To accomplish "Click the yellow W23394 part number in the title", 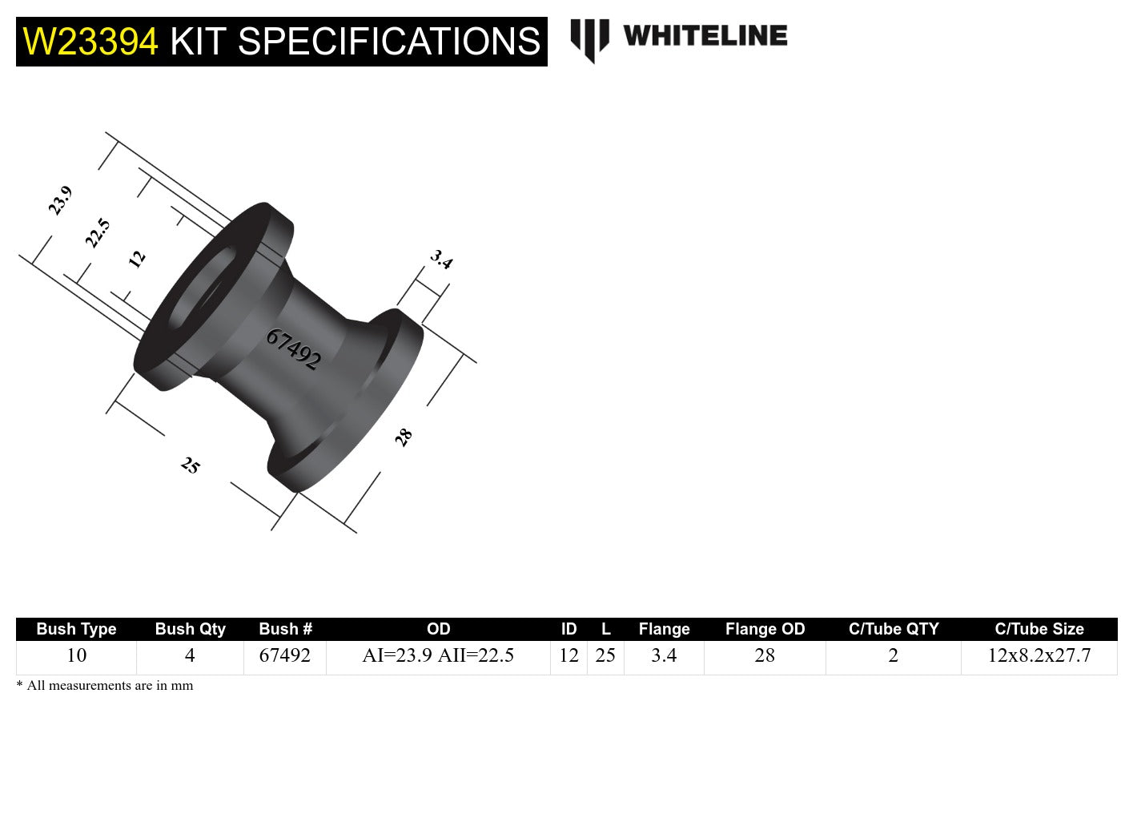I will tap(90, 42).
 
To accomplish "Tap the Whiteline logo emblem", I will tap(589, 39).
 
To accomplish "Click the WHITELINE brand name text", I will tap(705, 36).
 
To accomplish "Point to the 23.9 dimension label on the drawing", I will tap(60, 200).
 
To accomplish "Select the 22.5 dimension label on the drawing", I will tap(97, 232).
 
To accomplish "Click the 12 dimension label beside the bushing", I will tap(137, 258).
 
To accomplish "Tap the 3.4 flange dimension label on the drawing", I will tap(441, 259).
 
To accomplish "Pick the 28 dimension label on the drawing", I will tap(404, 437).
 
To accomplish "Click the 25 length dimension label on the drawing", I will tap(191, 465).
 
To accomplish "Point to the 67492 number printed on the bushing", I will tap(293, 349).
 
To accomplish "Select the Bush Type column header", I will tap(76, 629).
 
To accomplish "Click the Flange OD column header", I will tap(765, 629).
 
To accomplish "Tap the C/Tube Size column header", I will tap(1039, 629).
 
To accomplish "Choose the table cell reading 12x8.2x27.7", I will tap(1039, 655).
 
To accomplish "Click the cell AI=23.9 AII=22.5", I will tap(438, 655).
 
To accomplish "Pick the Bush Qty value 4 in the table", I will tap(190, 655).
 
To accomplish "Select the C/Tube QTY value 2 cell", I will tap(893, 655).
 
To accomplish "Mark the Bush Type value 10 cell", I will tap(76, 655).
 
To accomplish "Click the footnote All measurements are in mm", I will tap(105, 685).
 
